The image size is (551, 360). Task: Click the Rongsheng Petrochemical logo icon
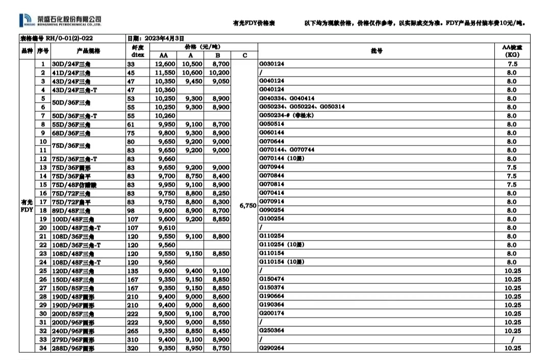coord(25,20)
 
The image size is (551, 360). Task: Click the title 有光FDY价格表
coord(254,23)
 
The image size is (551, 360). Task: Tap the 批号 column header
coord(377,51)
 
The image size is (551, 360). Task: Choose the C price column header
coord(245,55)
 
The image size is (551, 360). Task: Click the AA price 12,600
coord(165,64)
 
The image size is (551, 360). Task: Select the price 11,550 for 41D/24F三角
coord(165,73)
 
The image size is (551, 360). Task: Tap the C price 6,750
coord(247,205)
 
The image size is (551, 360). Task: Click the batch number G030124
coord(272,64)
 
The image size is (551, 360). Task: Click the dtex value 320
coord(133,348)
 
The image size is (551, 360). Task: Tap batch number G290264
coord(272,348)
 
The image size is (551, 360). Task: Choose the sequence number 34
coord(43,348)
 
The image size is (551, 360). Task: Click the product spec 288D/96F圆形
coord(73,348)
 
